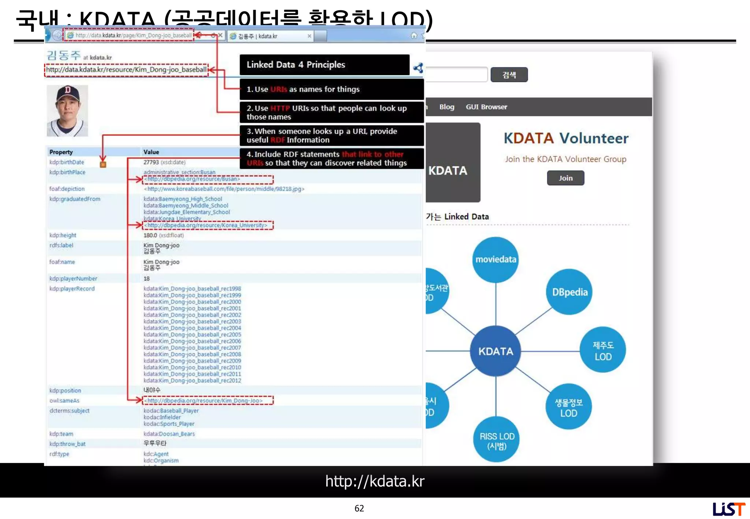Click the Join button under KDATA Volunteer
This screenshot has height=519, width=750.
point(565,178)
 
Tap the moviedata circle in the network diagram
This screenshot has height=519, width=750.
point(495,259)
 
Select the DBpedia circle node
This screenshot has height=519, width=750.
point(569,292)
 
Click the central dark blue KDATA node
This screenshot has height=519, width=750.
point(495,351)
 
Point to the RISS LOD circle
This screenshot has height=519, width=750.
point(497,440)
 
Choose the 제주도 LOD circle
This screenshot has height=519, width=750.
point(603,350)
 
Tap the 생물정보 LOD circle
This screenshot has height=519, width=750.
point(568,407)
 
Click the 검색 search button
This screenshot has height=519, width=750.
point(509,75)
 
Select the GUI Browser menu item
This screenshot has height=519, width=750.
point(486,107)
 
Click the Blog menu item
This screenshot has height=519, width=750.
point(446,107)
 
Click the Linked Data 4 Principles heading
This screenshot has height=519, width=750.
point(296,65)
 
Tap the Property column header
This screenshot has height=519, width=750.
point(61,152)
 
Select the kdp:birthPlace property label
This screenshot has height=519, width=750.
point(67,172)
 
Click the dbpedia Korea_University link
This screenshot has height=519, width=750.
point(207,225)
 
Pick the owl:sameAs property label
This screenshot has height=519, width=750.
point(64,400)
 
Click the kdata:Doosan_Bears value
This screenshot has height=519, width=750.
point(169,434)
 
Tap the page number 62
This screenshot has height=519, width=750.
point(359,508)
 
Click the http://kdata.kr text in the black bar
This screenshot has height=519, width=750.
point(375,481)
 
